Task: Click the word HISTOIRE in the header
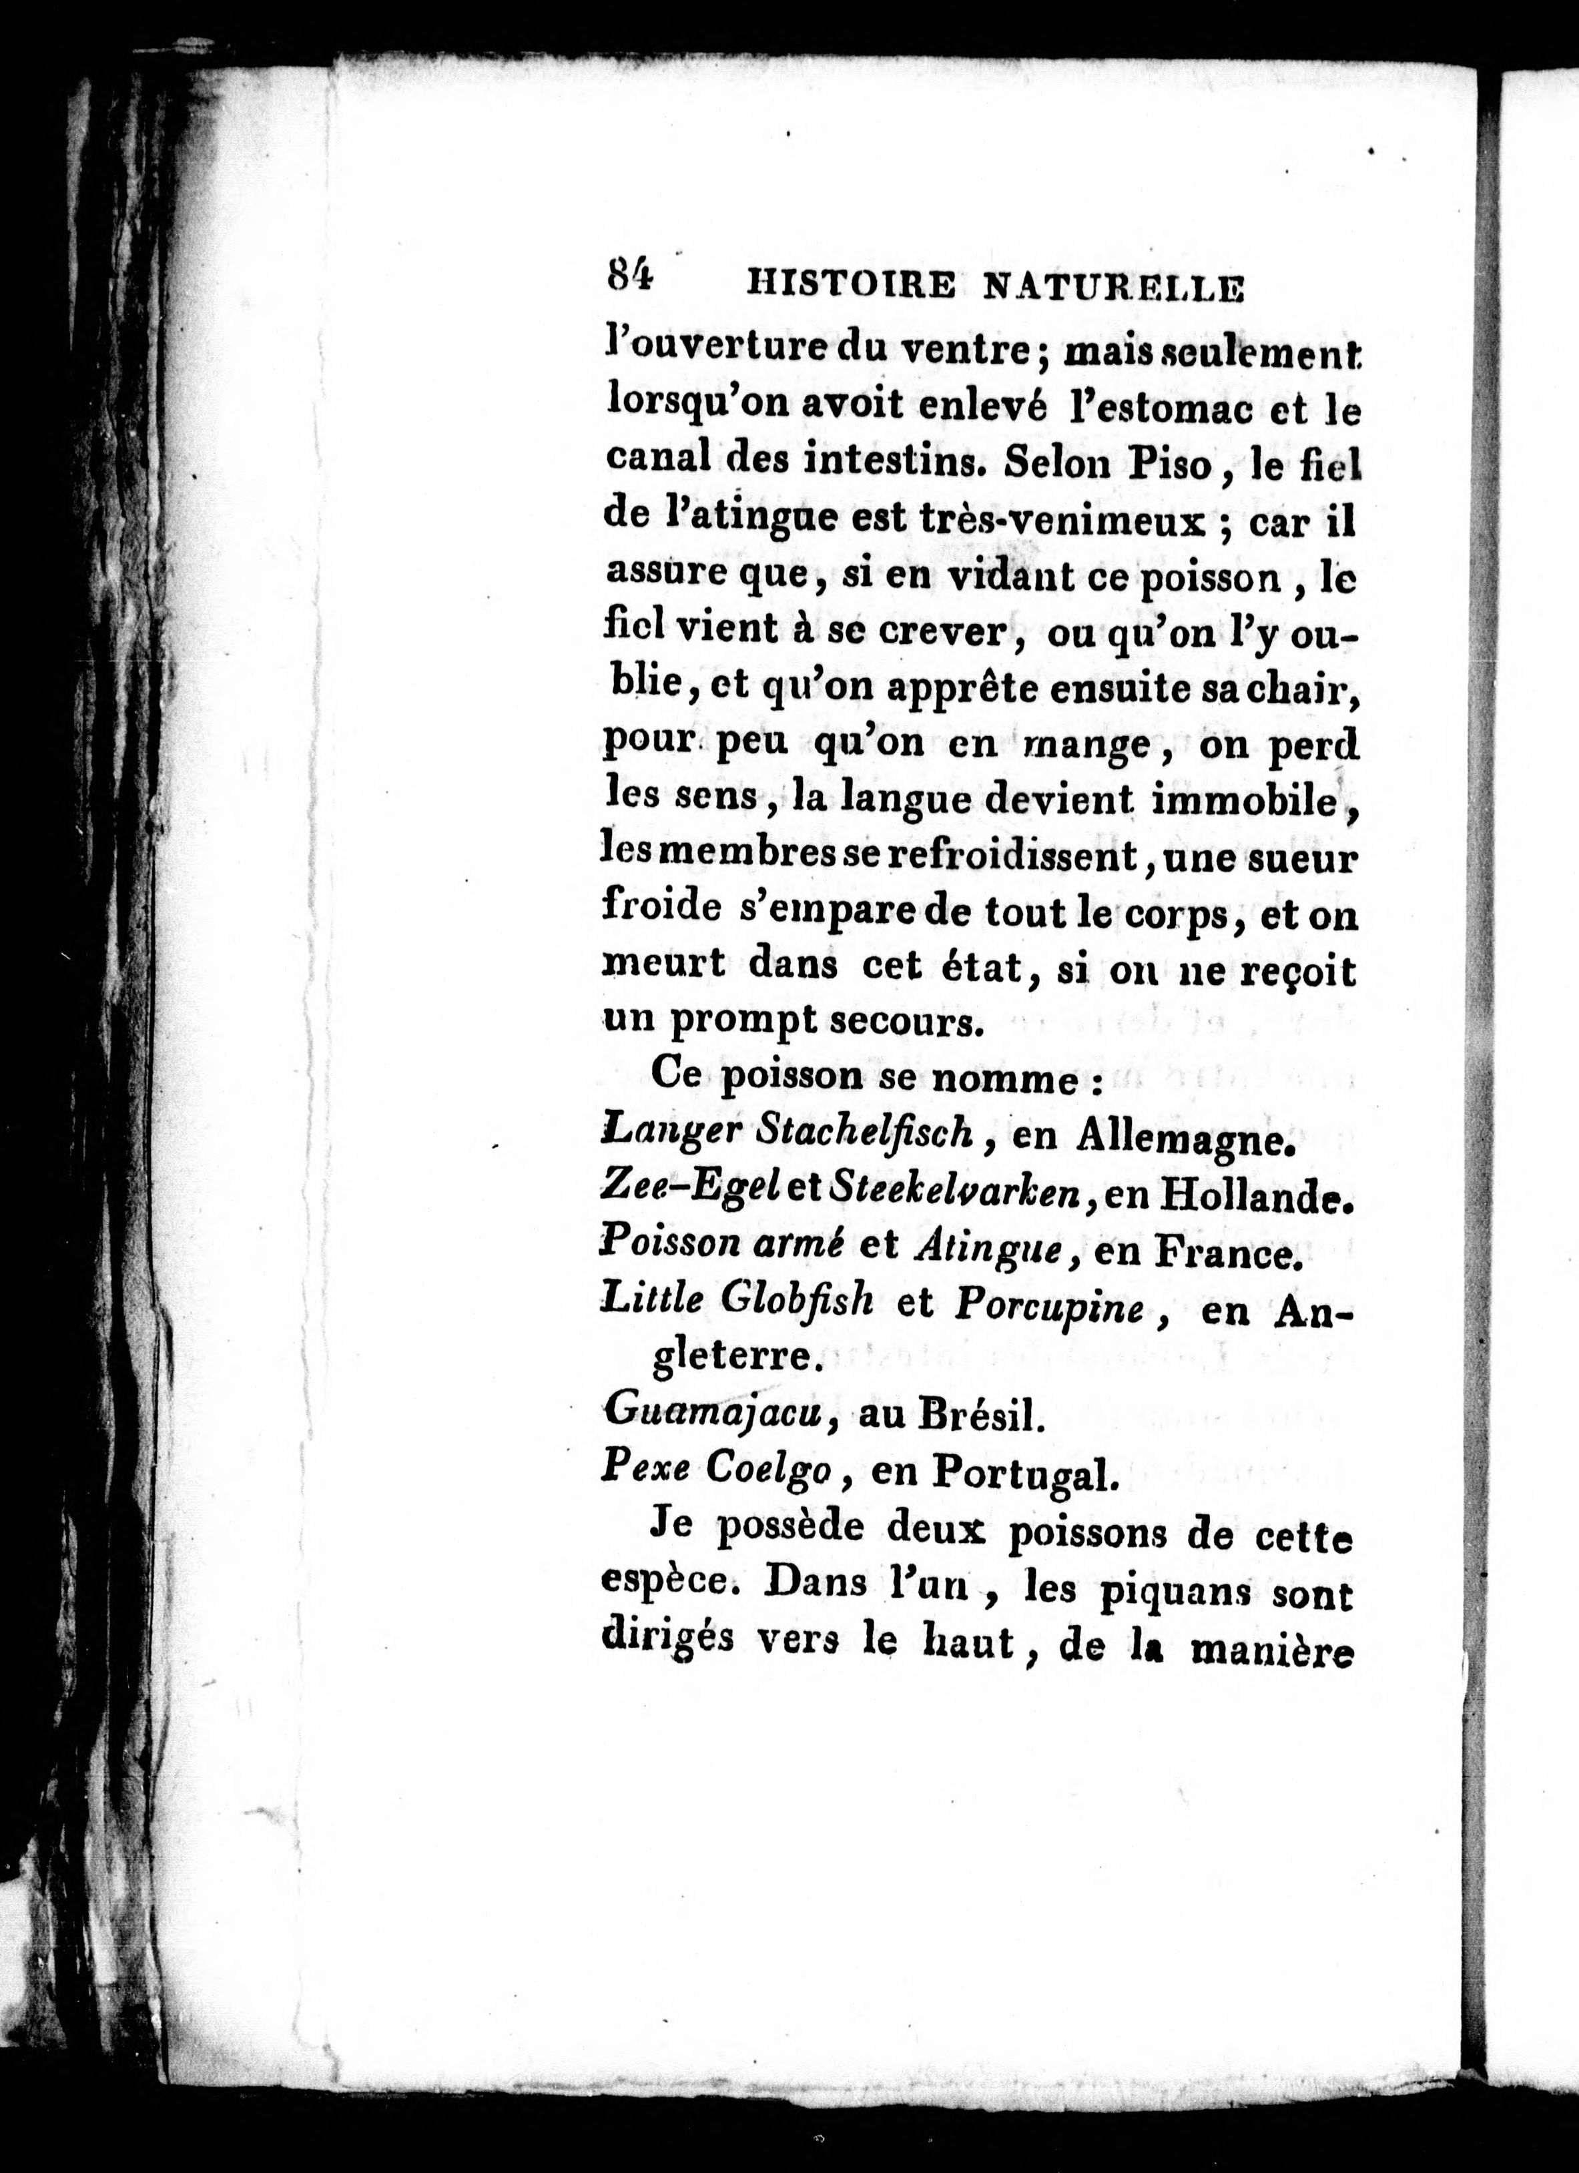(848, 286)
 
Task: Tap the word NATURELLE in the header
(1115, 288)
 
